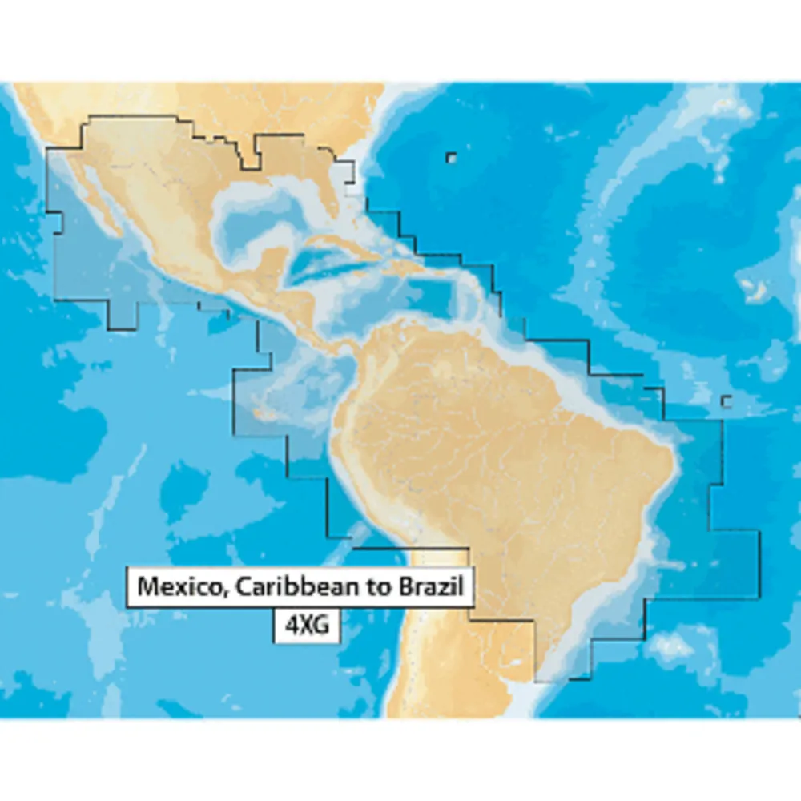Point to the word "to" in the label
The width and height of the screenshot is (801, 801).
(x=376, y=586)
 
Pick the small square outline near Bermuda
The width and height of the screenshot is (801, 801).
(x=452, y=158)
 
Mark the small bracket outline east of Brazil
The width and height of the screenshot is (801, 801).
(x=727, y=400)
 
